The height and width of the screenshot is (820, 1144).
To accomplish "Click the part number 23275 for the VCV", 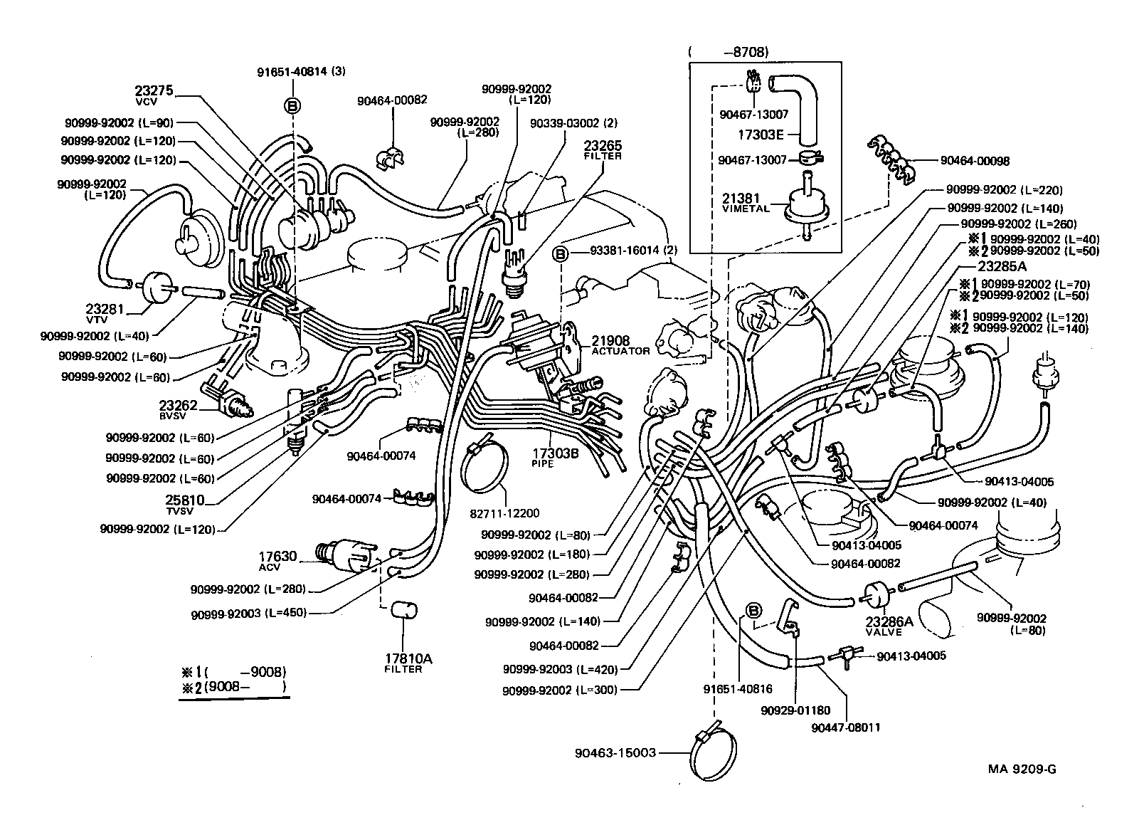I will tap(154, 92).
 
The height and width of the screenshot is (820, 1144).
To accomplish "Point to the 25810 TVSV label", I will tap(185, 503).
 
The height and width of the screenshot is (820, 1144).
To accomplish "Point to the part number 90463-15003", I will tap(615, 753).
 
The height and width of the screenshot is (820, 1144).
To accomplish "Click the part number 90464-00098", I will tap(974, 162).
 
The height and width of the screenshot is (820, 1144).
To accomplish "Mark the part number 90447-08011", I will tap(847, 728).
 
